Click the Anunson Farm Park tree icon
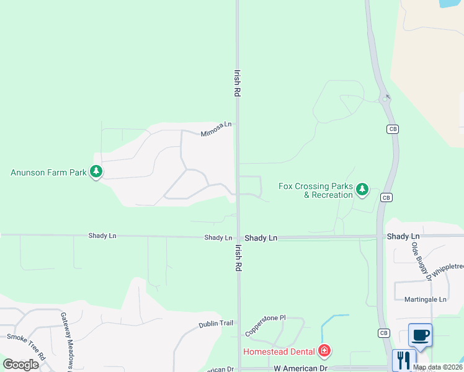coord(96,172)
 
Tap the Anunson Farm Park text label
coord(48,172)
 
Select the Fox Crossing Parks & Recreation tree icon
coord(362,190)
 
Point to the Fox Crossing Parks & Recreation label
coord(315,190)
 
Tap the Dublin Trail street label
coord(216,324)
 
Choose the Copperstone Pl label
coord(265,325)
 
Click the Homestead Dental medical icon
coord(324,352)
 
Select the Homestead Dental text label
coord(279,352)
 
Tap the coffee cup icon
coord(421,335)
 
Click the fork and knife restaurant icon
coord(404,360)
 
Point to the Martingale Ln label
coord(426,299)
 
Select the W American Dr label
coord(300,368)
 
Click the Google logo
coord(20,364)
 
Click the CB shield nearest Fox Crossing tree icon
coord(386,197)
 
